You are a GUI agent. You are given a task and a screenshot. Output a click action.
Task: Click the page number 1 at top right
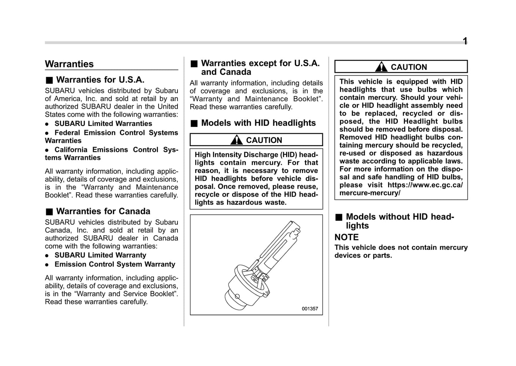[x=465, y=41]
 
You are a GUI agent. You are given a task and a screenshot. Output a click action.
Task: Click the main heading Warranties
[x=69, y=64]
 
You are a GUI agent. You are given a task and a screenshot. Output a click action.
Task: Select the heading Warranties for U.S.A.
[x=100, y=80]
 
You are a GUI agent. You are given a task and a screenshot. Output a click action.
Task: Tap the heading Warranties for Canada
[x=103, y=211]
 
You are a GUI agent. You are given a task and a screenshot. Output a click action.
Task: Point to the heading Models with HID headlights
[x=258, y=123]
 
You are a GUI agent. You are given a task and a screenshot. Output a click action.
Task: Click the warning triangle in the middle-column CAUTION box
[x=236, y=140]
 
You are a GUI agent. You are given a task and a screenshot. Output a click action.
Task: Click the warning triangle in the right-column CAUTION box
[x=381, y=67]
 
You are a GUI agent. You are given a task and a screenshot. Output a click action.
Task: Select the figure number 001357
[x=310, y=309]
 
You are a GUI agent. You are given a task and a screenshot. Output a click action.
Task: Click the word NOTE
[x=346, y=237]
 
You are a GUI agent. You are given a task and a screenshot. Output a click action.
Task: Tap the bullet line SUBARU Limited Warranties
[x=103, y=124]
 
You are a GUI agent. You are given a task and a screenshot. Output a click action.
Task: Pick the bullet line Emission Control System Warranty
[x=115, y=264]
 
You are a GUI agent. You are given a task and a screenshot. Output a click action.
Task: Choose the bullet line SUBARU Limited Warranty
[x=100, y=255]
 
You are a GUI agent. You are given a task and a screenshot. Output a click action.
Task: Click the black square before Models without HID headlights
[x=339, y=217]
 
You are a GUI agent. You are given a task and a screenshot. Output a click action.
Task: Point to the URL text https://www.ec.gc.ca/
[x=425, y=185]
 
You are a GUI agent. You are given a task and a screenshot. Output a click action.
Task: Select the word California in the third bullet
[x=71, y=150]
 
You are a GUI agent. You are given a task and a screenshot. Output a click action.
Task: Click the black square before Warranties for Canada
[x=49, y=212]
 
